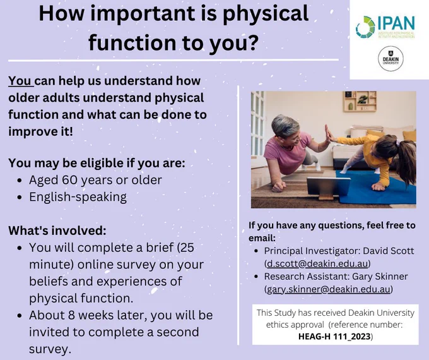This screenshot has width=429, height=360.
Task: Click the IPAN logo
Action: [385, 27]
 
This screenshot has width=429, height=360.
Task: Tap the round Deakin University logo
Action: [391, 59]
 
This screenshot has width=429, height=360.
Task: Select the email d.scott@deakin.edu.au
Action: [317, 263]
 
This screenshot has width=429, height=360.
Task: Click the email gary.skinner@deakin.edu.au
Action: [329, 289]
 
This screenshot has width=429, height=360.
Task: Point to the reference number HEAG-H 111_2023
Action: [334, 337]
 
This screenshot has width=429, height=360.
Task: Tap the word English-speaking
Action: [78, 197]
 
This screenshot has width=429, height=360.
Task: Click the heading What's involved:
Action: [57, 231]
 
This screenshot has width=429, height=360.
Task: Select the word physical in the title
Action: [266, 15]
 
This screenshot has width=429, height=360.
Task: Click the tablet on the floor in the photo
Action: [328, 187]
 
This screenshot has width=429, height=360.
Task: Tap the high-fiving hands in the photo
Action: [329, 133]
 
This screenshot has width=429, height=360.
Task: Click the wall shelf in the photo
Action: [360, 102]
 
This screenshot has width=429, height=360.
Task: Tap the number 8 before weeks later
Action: [72, 315]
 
